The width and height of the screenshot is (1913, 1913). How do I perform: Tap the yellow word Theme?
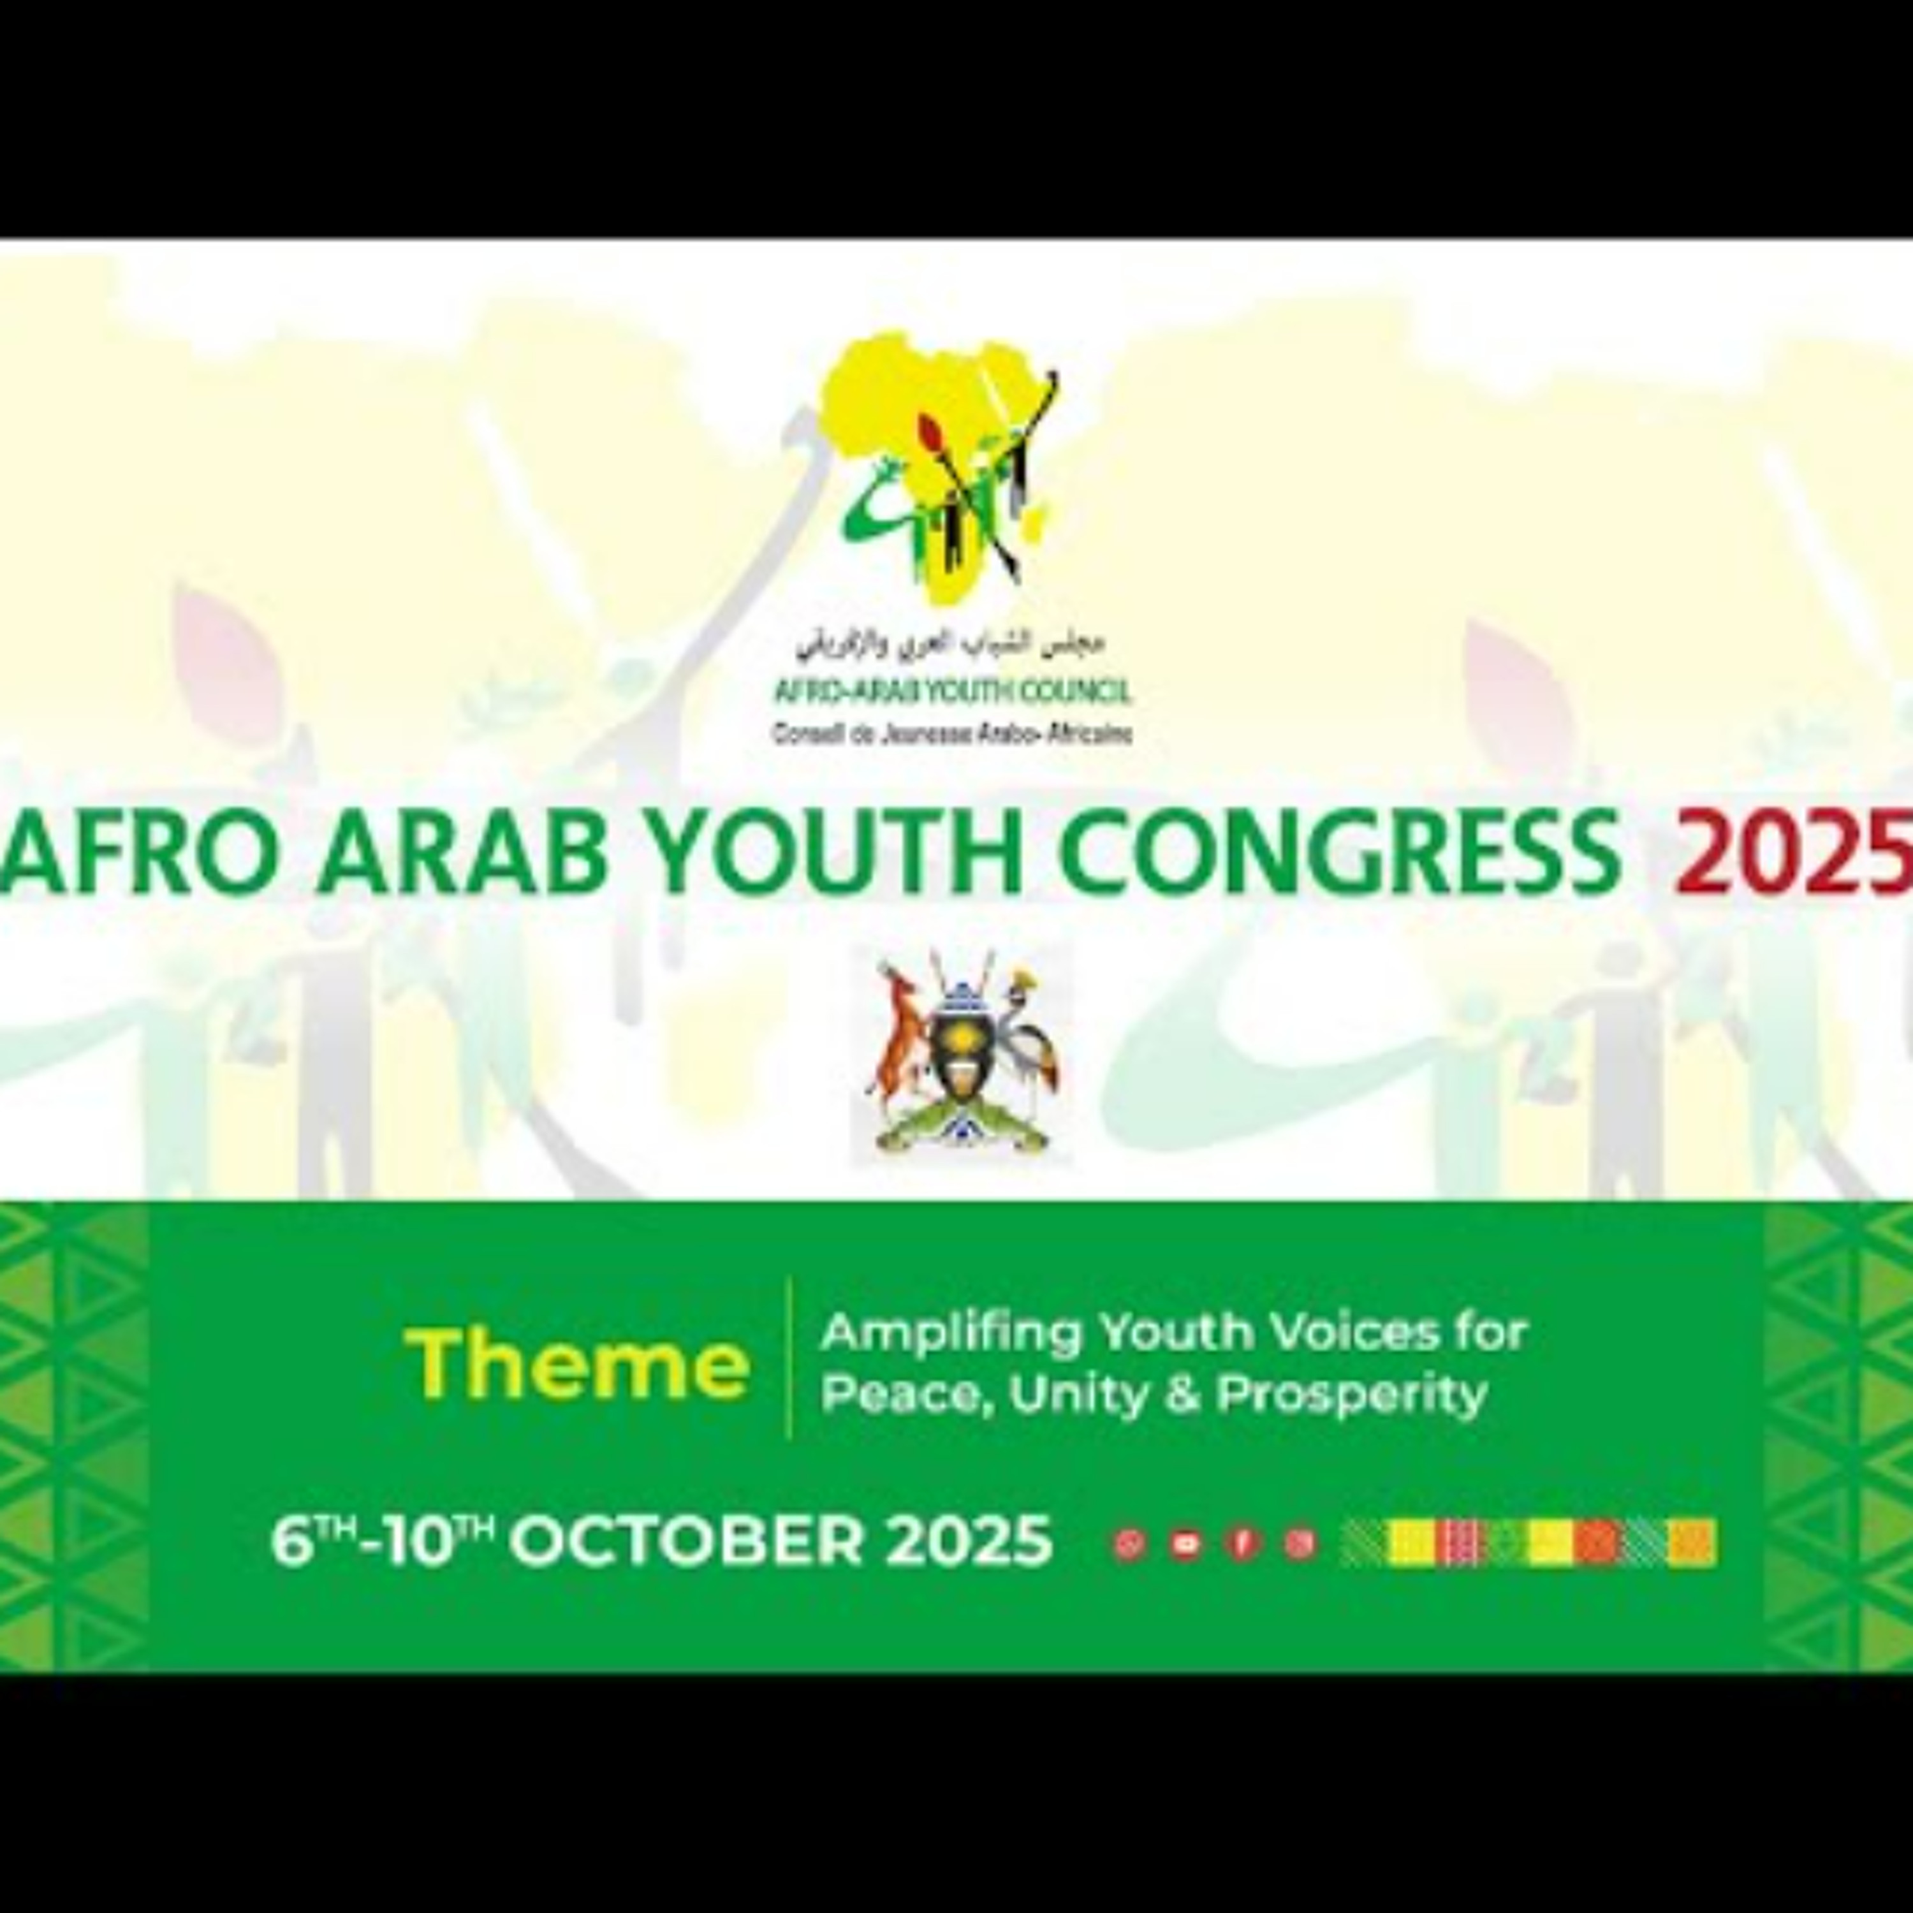(577, 1363)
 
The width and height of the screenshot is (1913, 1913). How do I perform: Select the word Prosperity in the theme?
(1352, 1394)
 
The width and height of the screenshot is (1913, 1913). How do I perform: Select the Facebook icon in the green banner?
(1242, 1544)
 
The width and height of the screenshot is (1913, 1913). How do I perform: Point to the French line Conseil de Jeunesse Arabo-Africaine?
(951, 735)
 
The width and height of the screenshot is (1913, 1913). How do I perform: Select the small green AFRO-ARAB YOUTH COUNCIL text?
(951, 692)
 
